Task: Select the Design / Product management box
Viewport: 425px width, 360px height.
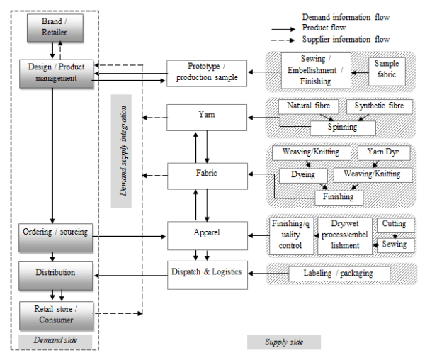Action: (x=56, y=73)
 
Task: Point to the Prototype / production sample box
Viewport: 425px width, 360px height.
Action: (x=207, y=73)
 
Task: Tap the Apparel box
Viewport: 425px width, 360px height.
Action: (x=207, y=233)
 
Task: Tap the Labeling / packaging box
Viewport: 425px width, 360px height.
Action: (x=340, y=274)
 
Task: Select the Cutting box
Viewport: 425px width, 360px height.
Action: (x=394, y=225)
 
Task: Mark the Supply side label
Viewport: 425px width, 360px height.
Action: (x=283, y=342)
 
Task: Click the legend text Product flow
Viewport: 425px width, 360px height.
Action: (x=324, y=28)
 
